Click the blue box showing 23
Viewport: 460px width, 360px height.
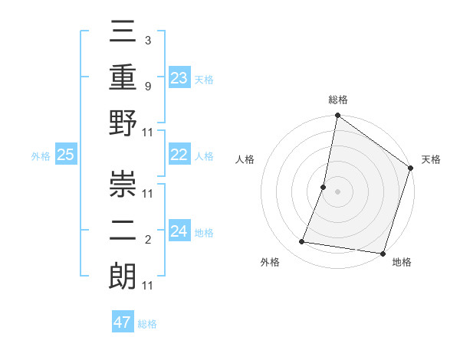pyautogui.click(x=179, y=77)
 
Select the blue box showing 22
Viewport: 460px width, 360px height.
pyautogui.click(x=179, y=155)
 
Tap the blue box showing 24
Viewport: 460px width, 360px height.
pyautogui.click(x=179, y=231)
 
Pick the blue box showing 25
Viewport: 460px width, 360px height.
pyautogui.click(x=65, y=155)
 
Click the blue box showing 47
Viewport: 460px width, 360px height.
pyautogui.click(x=123, y=322)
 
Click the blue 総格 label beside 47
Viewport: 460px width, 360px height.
pyautogui.click(x=147, y=323)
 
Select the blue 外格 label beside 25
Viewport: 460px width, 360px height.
pyautogui.click(x=41, y=156)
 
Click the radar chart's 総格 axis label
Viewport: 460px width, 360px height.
pyautogui.click(x=338, y=100)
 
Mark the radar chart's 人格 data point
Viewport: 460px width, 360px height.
pyautogui.click(x=324, y=187)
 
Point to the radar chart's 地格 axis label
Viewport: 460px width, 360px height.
pyautogui.click(x=402, y=263)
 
